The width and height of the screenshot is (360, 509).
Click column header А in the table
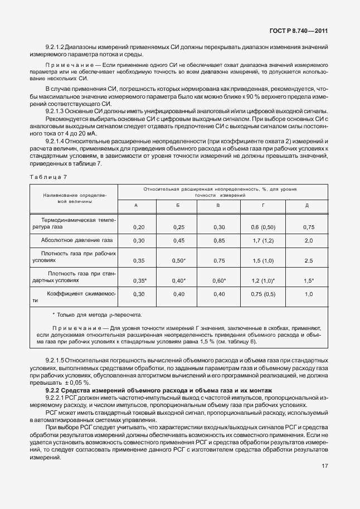coord(137,206)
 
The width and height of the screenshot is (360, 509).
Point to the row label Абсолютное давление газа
coord(77,240)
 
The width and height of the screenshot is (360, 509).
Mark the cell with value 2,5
coord(308,260)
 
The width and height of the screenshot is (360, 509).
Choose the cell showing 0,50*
coord(179,260)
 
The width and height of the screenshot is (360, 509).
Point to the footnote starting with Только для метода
coord(96,315)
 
